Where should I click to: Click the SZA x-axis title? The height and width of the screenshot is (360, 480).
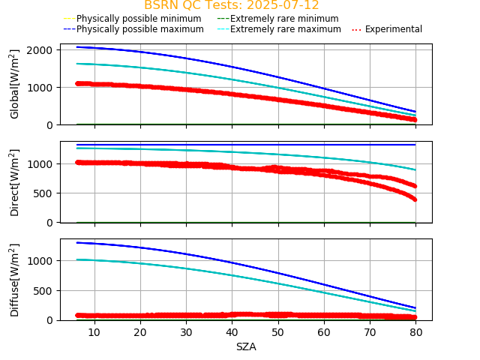[x=246, y=346]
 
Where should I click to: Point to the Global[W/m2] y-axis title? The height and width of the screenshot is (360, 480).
[x=15, y=84]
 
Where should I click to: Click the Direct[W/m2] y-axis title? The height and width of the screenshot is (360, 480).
[x=15, y=182]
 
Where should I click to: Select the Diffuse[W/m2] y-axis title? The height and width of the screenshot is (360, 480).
[x=15, y=280]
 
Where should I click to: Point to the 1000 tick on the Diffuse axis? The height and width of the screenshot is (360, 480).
[x=41, y=260]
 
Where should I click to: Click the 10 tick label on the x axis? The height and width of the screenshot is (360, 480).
[x=94, y=331]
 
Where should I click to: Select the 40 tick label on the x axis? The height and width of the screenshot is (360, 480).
[x=232, y=331]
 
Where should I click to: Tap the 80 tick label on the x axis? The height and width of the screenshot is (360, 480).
[x=415, y=331]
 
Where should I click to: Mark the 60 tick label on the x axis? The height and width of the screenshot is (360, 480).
[x=323, y=331]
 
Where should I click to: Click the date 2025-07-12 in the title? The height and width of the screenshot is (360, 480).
[x=282, y=5]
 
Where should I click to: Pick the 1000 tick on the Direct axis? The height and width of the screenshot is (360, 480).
[x=41, y=163]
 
